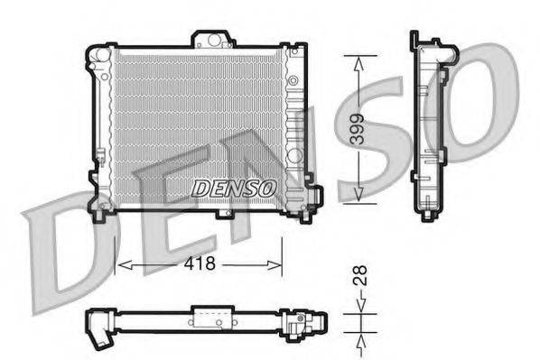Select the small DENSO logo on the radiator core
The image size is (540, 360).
(233, 188)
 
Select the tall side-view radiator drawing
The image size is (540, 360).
(431, 126)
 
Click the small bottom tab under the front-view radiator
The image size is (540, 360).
(223, 215)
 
